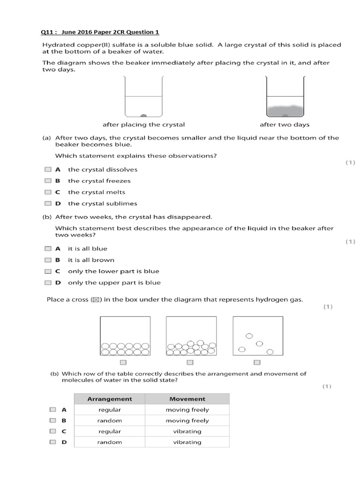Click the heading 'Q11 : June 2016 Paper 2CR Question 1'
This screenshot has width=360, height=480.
(100, 32)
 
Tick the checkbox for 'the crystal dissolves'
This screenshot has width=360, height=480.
(48, 170)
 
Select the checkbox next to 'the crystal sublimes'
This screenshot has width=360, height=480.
(48, 203)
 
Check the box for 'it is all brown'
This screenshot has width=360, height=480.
(48, 260)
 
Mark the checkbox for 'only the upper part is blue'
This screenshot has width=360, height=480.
(48, 283)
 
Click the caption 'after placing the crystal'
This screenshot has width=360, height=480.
(143, 125)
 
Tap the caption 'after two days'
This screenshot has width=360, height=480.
(285, 125)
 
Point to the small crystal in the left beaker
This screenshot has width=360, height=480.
(144, 115)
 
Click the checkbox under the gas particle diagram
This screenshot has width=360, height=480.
(257, 362)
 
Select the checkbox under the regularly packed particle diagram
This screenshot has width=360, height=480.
(123, 362)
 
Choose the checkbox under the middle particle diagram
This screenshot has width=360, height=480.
(190, 362)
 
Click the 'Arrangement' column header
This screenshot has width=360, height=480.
(110, 399)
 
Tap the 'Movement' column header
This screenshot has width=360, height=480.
(187, 399)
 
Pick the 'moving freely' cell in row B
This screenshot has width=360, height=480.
(187, 420)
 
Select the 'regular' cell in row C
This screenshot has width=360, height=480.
(110, 431)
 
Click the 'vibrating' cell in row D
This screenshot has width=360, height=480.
(187, 442)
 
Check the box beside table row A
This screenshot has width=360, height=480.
(53, 410)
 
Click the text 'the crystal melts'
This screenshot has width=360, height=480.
(97, 192)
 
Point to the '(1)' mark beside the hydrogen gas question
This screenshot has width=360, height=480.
(328, 307)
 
